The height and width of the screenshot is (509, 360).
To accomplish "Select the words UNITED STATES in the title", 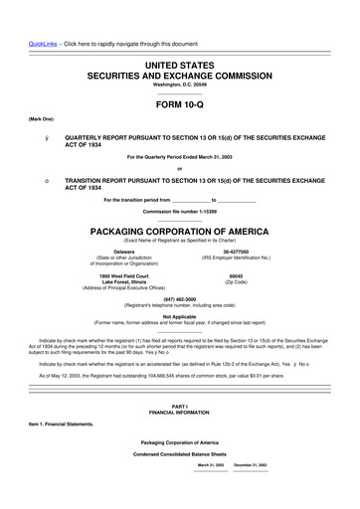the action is [180, 64].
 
